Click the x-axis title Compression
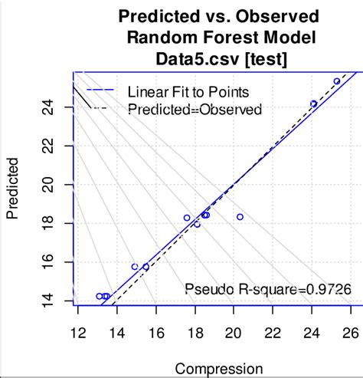(214, 369)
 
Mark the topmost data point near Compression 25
(337, 81)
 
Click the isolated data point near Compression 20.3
(240, 217)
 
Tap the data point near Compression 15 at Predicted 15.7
(135, 267)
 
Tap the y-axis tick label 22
(47, 146)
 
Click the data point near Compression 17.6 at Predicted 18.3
(187, 218)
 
